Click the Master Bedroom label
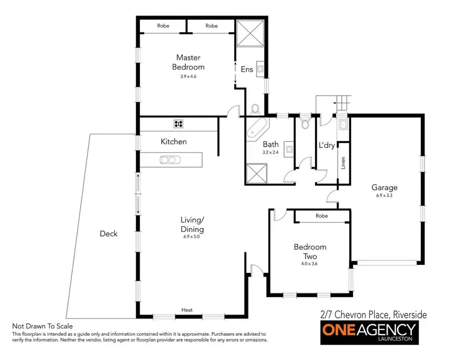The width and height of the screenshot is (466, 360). (188, 62)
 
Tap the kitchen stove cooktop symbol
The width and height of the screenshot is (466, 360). (179, 123)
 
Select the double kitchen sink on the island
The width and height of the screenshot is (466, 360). (168, 160)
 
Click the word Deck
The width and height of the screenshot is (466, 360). (109, 234)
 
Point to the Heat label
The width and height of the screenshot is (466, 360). (186, 310)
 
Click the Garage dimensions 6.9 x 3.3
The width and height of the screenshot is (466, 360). (385, 195)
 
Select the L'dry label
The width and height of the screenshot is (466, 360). (327, 145)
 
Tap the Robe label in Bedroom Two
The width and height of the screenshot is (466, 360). (321, 216)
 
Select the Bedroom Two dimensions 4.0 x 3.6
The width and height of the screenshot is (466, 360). (309, 264)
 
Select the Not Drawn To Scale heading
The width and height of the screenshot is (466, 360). (42, 326)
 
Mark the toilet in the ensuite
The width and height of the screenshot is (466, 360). (255, 109)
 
